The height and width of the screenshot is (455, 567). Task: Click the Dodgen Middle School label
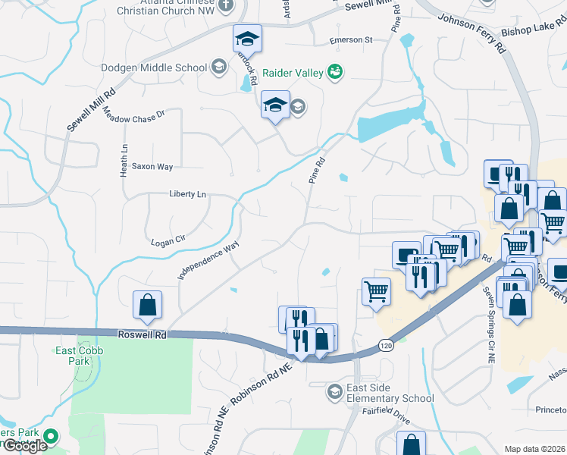click(x=154, y=67)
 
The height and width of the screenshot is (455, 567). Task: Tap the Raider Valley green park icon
click(x=335, y=73)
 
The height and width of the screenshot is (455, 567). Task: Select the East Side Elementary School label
click(x=390, y=393)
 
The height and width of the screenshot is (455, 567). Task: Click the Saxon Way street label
click(x=152, y=166)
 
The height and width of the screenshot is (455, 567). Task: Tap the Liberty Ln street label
click(x=187, y=194)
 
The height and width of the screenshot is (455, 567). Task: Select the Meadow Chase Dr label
click(x=133, y=115)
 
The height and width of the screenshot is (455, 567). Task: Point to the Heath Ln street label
click(x=124, y=161)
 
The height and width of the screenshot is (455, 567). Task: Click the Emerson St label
click(x=351, y=39)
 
